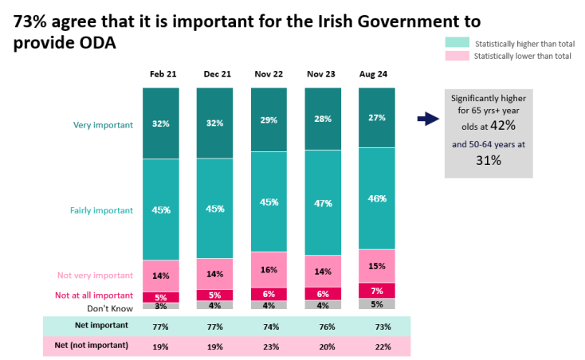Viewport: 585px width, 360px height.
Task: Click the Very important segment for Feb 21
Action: click(x=160, y=123)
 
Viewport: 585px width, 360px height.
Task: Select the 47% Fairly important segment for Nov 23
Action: click(x=323, y=203)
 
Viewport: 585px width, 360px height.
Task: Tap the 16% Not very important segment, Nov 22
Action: click(x=269, y=269)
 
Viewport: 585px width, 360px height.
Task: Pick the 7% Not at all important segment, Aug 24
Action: click(x=377, y=290)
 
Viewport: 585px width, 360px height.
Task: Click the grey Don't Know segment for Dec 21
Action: click(x=214, y=304)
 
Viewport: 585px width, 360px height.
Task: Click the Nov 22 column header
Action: click(x=269, y=74)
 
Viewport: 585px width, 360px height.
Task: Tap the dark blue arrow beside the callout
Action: click(x=428, y=119)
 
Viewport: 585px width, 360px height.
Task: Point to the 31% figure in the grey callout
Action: click(x=489, y=160)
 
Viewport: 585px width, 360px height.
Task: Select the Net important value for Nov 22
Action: click(x=269, y=327)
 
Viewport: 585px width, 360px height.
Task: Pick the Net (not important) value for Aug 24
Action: click(x=377, y=346)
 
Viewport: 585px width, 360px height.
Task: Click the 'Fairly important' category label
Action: click(x=101, y=210)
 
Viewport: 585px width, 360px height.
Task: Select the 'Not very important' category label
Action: click(x=95, y=276)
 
